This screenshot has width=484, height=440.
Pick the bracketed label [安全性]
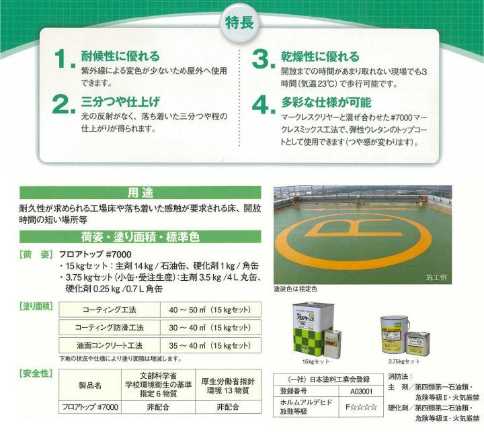tap(34, 371)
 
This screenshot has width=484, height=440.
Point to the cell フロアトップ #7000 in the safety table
tap(89, 406)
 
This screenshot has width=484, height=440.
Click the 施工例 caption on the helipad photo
tap(436, 277)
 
